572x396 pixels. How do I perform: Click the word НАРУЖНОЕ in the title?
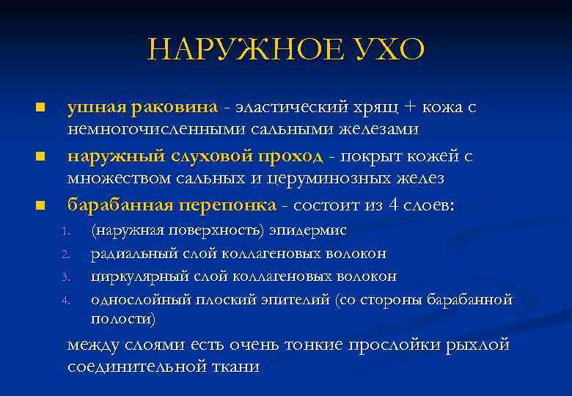[x=241, y=50]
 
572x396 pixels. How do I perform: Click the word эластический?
[x=287, y=108]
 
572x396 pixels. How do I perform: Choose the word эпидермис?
[x=308, y=230]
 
